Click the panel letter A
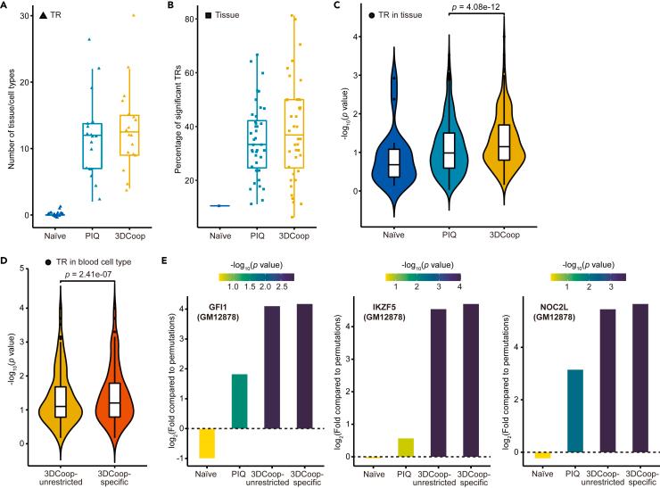pos(7,6)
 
